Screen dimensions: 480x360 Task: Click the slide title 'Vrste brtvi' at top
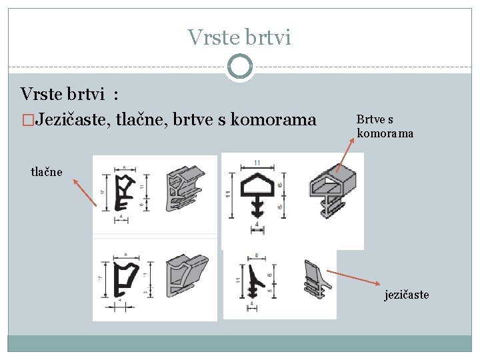coord(239,37)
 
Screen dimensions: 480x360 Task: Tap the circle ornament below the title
coord(239,67)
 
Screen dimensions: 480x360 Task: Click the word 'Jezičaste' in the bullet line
coord(73,120)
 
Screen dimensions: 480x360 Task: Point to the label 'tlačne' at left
coord(47,171)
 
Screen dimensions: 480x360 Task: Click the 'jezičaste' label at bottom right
coord(406,295)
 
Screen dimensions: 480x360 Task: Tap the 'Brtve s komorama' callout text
coord(385,126)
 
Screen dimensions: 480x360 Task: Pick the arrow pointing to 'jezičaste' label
coord(356,278)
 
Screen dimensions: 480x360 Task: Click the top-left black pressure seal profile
coord(126,194)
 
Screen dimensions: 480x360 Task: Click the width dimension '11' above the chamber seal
coord(257,162)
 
